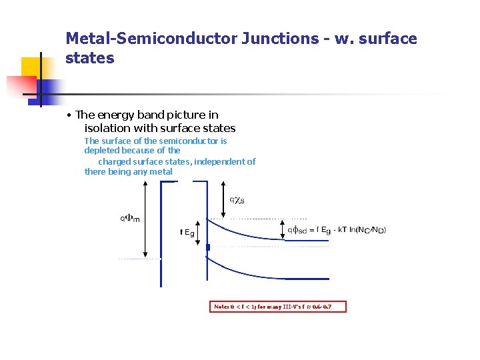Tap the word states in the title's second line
(x=90, y=58)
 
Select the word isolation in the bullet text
(x=107, y=128)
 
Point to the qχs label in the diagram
(x=237, y=199)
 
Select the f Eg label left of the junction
(x=187, y=233)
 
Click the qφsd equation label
(x=337, y=230)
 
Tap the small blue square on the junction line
(x=208, y=247)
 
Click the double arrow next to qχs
(x=224, y=199)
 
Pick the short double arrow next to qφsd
(x=285, y=230)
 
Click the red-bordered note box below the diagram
(x=279, y=307)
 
